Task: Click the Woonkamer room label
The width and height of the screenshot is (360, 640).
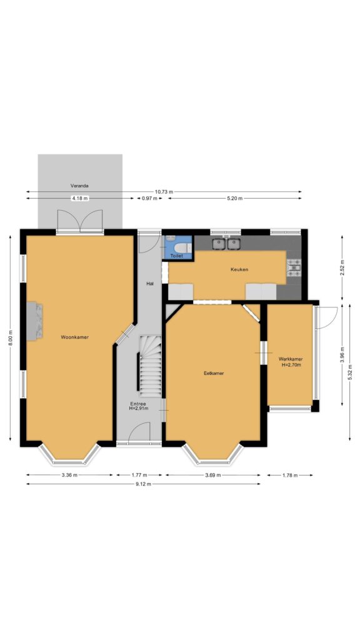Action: [75, 337]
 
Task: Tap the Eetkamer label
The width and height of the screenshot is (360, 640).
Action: [214, 373]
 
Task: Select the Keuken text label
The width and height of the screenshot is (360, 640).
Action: [239, 269]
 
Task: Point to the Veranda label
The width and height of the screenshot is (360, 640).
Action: [79, 186]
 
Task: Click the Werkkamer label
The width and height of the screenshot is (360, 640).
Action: [291, 359]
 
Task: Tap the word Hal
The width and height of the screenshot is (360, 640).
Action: [150, 284]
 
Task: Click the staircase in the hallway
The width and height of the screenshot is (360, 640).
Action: [150, 366]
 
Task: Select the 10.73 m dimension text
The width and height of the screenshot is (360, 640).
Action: [164, 192]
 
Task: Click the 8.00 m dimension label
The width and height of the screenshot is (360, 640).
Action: [10, 338]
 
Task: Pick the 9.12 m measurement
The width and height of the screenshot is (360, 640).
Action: [144, 484]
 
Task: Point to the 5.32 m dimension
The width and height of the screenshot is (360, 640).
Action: [350, 372]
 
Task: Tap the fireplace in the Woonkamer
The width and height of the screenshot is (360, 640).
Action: [35, 321]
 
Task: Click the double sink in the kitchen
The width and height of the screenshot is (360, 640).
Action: [226, 244]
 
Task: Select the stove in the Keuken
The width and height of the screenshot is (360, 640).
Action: [294, 267]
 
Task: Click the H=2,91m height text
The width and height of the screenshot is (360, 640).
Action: [139, 408]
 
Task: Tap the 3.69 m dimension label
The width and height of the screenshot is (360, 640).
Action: [212, 475]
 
